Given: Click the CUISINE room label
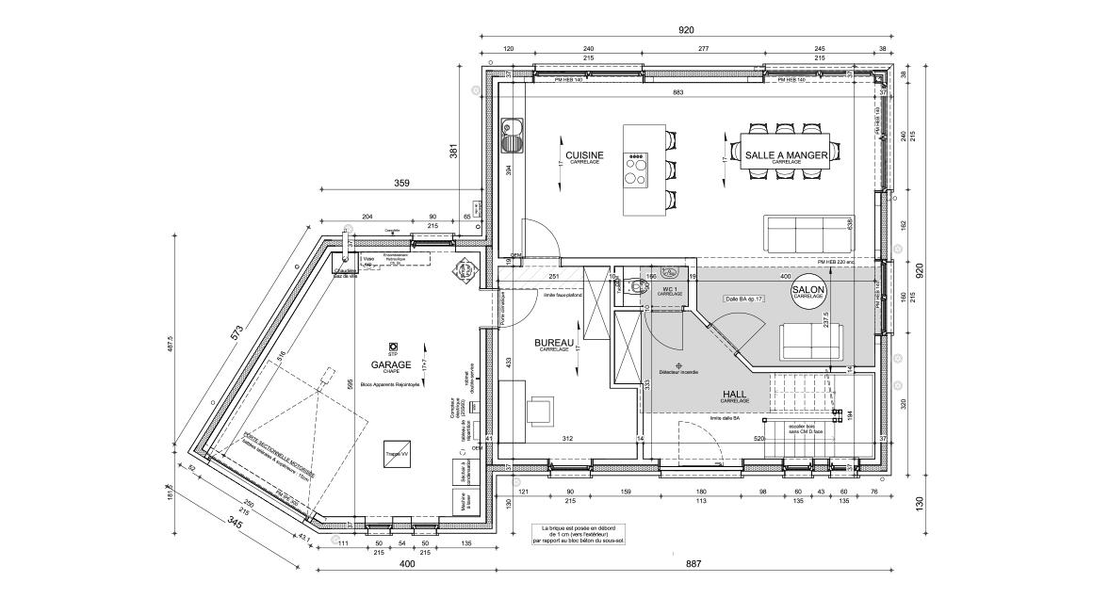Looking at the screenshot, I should (x=584, y=155).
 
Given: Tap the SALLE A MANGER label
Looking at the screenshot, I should (x=786, y=154).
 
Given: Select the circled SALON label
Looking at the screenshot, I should (x=808, y=291).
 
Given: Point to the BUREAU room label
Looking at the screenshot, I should (x=554, y=344).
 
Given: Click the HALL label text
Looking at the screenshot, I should (x=736, y=395).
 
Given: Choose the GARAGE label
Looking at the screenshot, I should (x=390, y=364).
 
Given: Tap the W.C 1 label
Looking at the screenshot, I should (x=670, y=289).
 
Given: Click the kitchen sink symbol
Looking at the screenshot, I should (x=513, y=137).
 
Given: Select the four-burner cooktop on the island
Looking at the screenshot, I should (x=638, y=170).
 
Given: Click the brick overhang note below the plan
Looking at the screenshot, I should (x=578, y=536).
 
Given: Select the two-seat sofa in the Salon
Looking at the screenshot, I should (x=811, y=339).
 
